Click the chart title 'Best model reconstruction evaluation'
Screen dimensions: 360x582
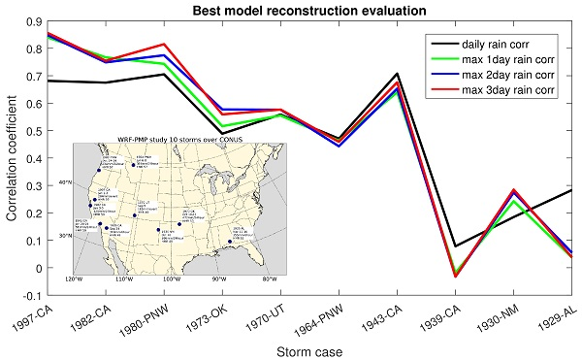(309, 9)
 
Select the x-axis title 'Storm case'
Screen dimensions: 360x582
(309, 349)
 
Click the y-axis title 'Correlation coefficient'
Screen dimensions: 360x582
(12, 157)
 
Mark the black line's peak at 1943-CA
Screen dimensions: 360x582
(397, 74)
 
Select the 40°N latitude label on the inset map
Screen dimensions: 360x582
(65, 181)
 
